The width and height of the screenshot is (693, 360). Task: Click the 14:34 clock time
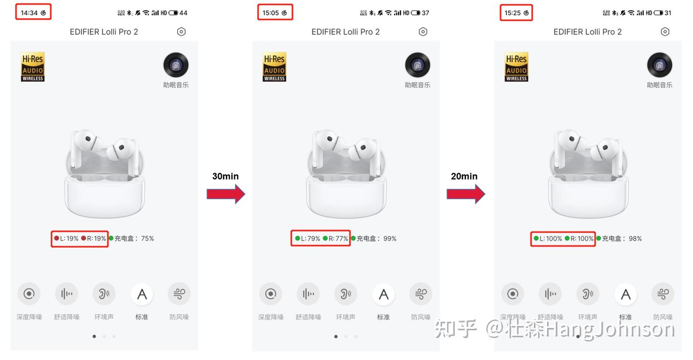pos(29,13)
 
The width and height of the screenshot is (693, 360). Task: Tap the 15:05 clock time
pos(270,13)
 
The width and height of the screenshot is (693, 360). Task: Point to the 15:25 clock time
pos(513,13)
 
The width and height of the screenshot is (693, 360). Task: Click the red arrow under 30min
pos(226,194)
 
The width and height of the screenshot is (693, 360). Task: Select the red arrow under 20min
pos(465,194)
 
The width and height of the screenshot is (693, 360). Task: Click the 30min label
pos(225,176)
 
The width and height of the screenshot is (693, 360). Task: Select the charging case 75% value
pos(147,238)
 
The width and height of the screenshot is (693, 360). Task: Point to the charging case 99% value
pos(390,238)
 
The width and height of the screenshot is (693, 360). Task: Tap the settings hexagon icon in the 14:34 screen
pos(181,32)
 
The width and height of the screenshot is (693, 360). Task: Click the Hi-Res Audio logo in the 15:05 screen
pos(274,67)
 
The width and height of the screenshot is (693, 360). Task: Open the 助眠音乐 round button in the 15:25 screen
pos(659,65)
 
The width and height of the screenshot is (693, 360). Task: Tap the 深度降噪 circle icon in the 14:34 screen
pos(29,294)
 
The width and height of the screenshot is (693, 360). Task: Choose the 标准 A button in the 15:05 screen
pos(384,294)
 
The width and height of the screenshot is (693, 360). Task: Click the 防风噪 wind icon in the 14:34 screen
pos(179,294)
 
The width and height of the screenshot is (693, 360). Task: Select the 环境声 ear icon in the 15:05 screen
pos(346,294)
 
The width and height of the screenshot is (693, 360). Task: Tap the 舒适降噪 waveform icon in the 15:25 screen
pos(550,294)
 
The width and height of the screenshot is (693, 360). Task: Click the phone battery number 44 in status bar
pos(183,13)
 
